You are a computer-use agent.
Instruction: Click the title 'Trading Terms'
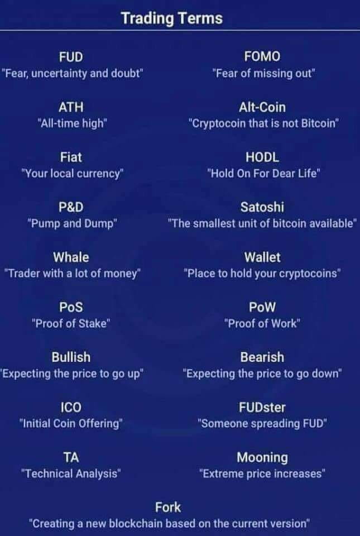pyautogui.click(x=171, y=18)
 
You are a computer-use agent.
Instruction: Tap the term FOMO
pyautogui.click(x=262, y=56)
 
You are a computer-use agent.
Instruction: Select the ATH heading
pyautogui.click(x=71, y=107)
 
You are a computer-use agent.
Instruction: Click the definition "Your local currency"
pyautogui.click(x=71, y=173)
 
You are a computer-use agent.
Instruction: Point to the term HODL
pyautogui.click(x=262, y=157)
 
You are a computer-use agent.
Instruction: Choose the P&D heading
pyautogui.click(x=71, y=207)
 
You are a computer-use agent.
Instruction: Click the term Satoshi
pyautogui.click(x=262, y=207)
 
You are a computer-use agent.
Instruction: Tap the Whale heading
pyautogui.click(x=71, y=257)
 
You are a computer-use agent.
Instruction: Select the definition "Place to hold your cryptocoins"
pyautogui.click(x=262, y=274)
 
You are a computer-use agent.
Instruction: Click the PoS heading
pyautogui.click(x=71, y=307)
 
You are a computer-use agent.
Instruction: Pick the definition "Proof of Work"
pyautogui.click(x=262, y=323)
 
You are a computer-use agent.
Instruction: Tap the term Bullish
pyautogui.click(x=71, y=357)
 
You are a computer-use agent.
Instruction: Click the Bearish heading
pyautogui.click(x=262, y=357)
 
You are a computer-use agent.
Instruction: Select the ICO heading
pyautogui.click(x=71, y=407)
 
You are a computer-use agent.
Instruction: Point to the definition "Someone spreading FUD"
pyautogui.click(x=262, y=423)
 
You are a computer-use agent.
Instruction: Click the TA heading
pyautogui.click(x=71, y=457)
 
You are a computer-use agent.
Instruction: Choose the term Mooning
pyautogui.click(x=262, y=457)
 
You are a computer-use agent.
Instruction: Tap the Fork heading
pyautogui.click(x=168, y=507)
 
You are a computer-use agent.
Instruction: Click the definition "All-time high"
pyautogui.click(x=71, y=123)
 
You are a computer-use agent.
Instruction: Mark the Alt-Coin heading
pyautogui.click(x=262, y=107)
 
